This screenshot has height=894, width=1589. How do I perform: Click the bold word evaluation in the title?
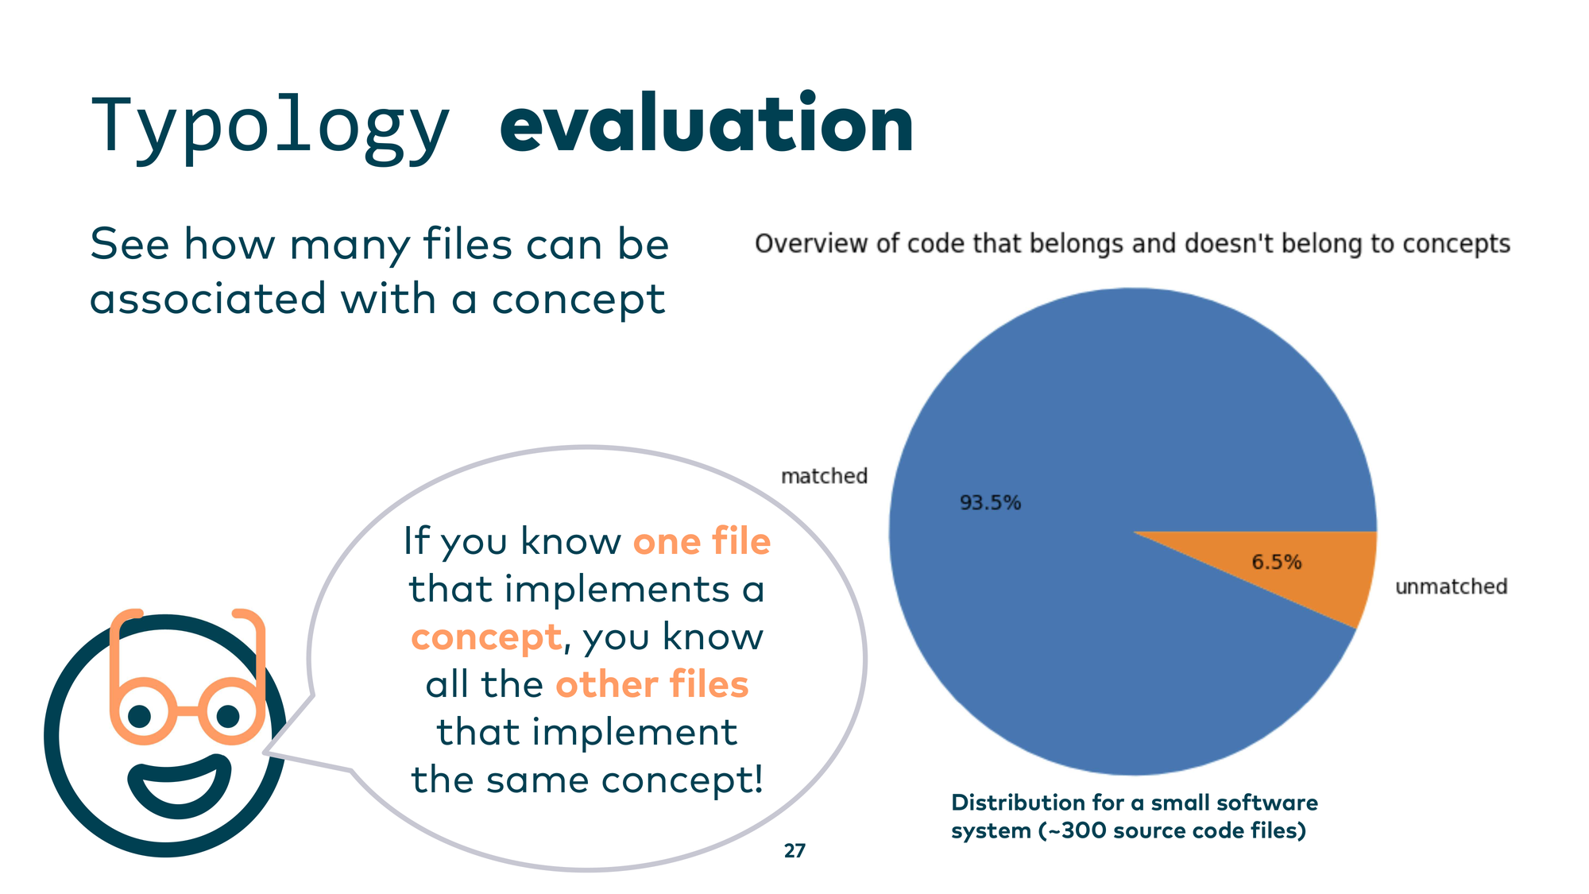[x=707, y=123]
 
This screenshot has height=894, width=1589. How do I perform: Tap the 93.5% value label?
[x=990, y=503]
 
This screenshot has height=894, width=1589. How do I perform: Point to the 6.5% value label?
[x=1277, y=563]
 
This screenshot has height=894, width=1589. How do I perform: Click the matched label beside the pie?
[x=824, y=476]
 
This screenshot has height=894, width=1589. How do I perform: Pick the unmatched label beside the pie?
[x=1451, y=586]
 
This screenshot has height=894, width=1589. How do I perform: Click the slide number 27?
[x=794, y=851]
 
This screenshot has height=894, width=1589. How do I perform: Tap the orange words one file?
[x=702, y=542]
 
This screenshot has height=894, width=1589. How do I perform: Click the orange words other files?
[x=651, y=684]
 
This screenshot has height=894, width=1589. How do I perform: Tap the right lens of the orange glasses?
[x=231, y=710]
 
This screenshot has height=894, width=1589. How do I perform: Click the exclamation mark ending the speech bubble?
[x=758, y=779]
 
